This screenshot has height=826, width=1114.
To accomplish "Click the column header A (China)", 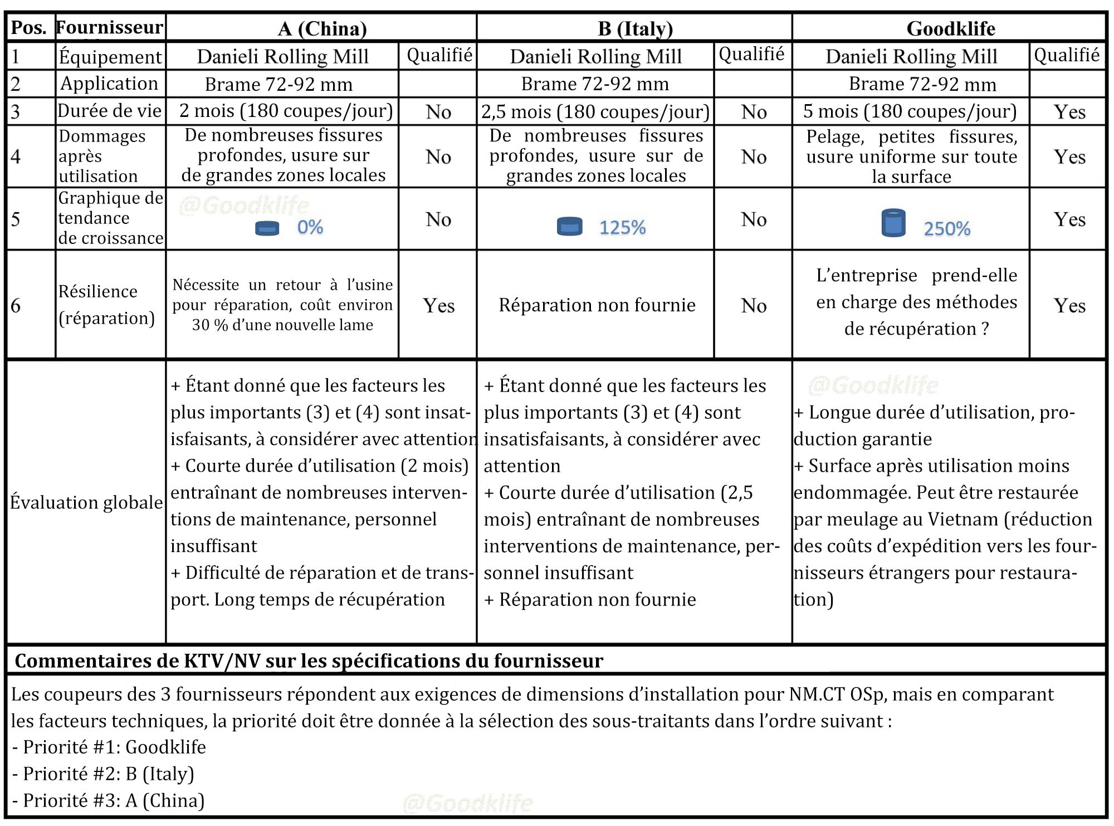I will click(322, 28).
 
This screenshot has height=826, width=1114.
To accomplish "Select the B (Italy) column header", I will click(635, 28).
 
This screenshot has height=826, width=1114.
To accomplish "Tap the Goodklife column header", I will click(950, 28).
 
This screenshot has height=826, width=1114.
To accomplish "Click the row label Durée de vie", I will click(110, 111).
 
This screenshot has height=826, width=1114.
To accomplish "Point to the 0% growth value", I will click(310, 227).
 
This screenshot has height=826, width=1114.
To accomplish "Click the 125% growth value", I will click(622, 227).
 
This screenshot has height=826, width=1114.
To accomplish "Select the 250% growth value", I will click(947, 228).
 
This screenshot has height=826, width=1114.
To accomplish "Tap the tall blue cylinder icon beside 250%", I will click(893, 223).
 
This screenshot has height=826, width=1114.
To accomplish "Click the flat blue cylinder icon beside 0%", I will click(267, 228).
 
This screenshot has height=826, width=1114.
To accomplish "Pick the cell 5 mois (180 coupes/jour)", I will click(910, 111).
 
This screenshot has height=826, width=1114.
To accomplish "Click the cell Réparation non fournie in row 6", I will click(597, 305).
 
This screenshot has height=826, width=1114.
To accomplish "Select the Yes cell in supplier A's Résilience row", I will click(438, 305).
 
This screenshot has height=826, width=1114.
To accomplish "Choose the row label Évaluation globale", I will click(86, 502).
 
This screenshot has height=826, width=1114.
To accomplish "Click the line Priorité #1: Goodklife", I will click(109, 747).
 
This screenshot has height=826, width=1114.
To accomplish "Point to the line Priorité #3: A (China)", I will click(109, 800).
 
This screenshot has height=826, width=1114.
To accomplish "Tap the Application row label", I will click(109, 84).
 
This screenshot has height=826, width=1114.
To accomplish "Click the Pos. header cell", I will click(29, 27).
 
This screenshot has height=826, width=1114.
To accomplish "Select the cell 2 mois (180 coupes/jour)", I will click(286, 111).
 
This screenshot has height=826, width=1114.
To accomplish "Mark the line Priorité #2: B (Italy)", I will click(104, 774).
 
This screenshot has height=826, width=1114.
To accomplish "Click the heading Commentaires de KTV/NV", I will click(309, 661).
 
